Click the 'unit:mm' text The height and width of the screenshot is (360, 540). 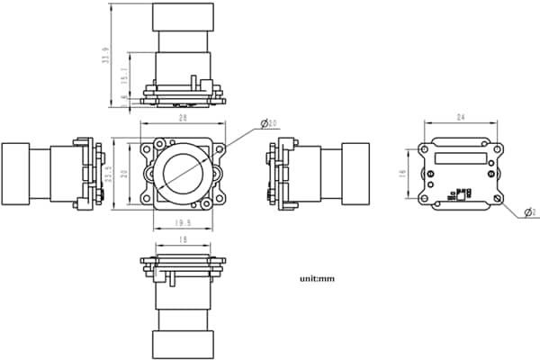317,279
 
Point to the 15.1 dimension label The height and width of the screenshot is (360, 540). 126,79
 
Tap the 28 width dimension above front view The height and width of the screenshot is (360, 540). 183,118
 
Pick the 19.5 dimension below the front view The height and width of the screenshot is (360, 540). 183,222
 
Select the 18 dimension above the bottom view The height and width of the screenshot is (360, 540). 183,240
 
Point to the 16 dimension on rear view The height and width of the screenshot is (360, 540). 404,173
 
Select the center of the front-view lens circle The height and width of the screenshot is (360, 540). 183,173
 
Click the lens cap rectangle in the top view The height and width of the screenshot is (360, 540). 184,16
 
